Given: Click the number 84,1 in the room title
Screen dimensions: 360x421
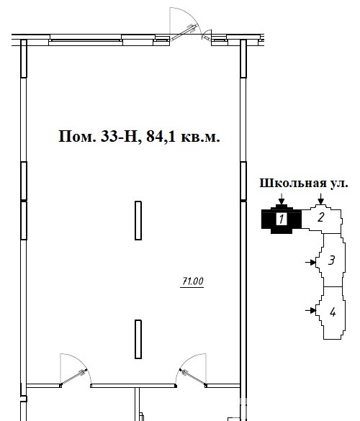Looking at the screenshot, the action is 161,137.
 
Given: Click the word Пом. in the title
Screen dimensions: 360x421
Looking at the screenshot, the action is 77,137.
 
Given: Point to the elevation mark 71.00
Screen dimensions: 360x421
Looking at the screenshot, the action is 193,281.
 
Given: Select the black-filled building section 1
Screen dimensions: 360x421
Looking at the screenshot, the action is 282,219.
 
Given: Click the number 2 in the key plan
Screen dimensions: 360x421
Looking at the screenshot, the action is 321,217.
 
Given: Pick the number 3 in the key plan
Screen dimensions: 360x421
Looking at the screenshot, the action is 331,261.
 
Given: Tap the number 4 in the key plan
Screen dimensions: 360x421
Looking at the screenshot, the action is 333,312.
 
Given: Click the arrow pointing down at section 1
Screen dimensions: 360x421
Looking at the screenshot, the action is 282,199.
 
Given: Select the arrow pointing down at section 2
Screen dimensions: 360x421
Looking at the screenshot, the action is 321,199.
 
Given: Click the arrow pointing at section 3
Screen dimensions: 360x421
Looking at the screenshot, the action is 310,262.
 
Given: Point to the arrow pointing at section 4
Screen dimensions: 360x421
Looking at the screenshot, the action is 310,310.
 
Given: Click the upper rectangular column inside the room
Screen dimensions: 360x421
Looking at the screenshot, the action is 138,220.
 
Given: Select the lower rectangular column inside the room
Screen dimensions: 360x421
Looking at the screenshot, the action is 138,339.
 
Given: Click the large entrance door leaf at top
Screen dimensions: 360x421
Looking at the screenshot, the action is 184,32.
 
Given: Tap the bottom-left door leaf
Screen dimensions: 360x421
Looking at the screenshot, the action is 73,377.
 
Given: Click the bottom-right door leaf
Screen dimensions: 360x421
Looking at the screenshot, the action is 193,378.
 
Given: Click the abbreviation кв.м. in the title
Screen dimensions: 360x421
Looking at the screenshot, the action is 200,137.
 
